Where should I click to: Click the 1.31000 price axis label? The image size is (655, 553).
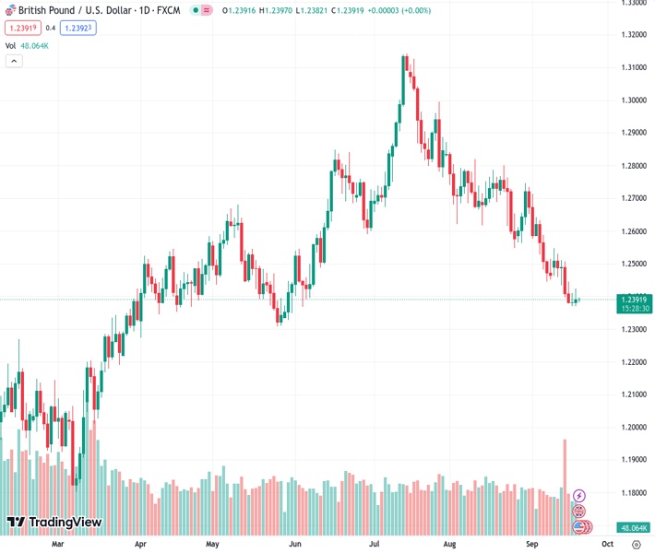[x=634, y=67]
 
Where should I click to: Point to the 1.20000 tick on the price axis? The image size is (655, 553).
[x=634, y=428]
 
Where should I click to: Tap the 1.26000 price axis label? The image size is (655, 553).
[x=634, y=231]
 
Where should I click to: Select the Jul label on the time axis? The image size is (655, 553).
[x=375, y=544]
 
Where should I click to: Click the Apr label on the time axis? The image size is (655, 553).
[x=140, y=544]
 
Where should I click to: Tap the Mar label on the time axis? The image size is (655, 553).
[x=57, y=544]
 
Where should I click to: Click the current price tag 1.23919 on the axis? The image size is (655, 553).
[x=635, y=299]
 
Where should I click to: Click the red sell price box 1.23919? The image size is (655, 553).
[x=22, y=28]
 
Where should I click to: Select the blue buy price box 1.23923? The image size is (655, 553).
[x=77, y=28]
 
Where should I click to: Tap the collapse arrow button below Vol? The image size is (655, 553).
[x=14, y=61]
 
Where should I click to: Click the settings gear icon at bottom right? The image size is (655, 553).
[x=637, y=545]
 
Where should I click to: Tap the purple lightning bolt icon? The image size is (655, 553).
[x=579, y=496]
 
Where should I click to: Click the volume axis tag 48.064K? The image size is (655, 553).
[x=634, y=528]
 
